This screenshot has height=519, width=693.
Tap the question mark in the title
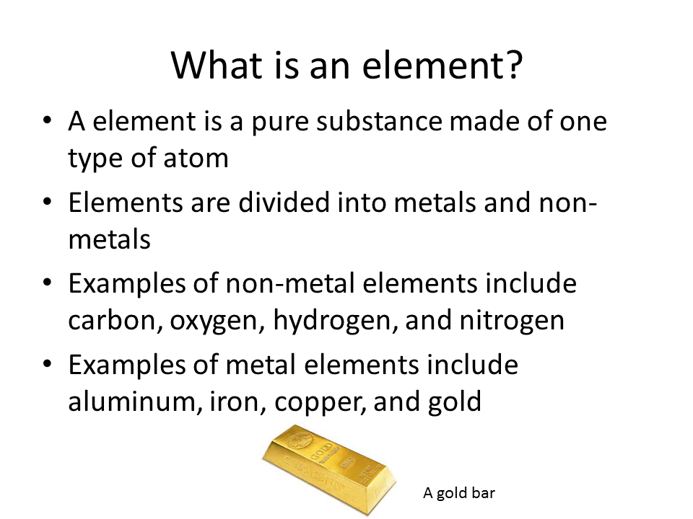tap(512, 66)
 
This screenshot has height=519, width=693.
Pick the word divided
tap(274, 203)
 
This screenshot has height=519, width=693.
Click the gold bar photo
tap(328, 469)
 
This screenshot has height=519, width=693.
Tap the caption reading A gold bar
tap(459, 493)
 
